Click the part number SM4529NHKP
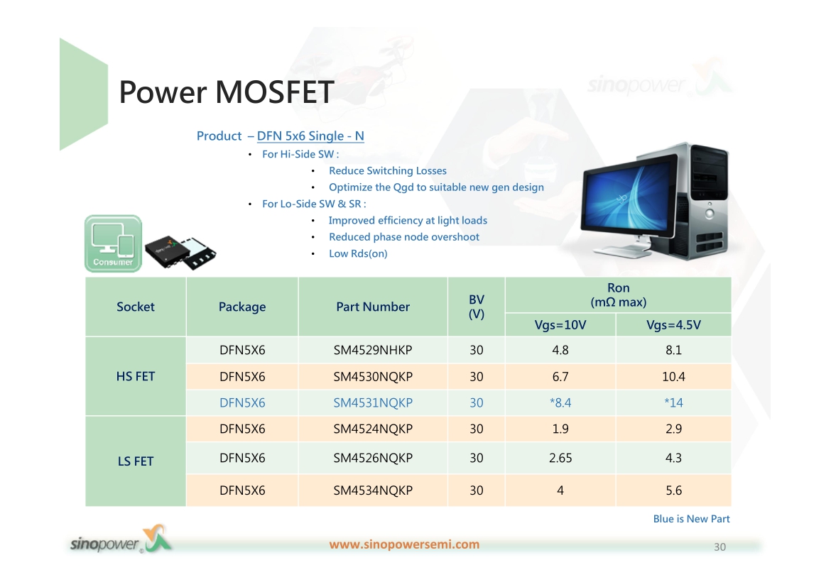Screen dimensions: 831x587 tap(373, 350)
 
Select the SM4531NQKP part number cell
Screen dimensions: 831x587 tap(373, 402)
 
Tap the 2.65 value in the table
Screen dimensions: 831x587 tap(560, 458)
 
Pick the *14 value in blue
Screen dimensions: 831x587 tap(673, 402)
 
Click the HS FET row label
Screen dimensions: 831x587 tap(136, 377)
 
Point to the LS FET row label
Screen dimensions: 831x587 tap(136, 461)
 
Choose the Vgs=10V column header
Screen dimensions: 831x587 tap(560, 325)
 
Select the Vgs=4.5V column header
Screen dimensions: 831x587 tap(673, 325)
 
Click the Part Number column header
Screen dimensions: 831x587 tap(373, 307)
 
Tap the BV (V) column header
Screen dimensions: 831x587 tap(477, 307)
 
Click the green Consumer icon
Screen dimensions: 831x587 tap(114, 243)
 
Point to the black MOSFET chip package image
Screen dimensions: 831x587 tap(180, 253)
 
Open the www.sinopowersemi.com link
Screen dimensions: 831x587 tap(404, 544)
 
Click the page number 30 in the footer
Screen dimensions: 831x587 tap(719, 547)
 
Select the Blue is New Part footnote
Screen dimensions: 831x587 tap(691, 519)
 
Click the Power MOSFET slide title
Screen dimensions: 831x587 tap(227, 92)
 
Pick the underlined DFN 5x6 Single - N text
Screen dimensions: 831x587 tap(310, 136)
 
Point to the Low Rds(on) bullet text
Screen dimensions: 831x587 tap(358, 254)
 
